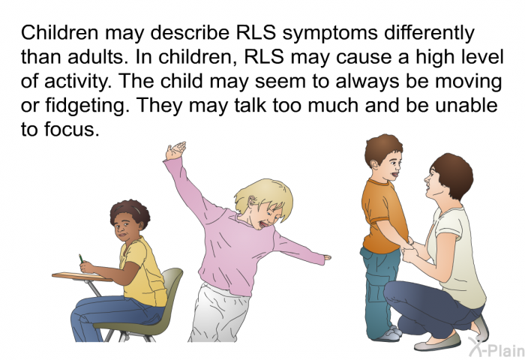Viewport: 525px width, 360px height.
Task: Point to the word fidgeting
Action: [87, 106]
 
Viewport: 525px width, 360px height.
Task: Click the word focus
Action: [71, 130]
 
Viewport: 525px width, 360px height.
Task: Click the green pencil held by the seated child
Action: [81, 258]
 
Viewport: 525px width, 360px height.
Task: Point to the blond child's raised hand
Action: [175, 151]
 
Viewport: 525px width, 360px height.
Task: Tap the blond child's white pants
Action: [219, 313]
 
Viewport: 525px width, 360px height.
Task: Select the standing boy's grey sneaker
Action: [389, 334]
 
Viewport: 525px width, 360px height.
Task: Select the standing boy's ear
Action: [374, 164]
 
